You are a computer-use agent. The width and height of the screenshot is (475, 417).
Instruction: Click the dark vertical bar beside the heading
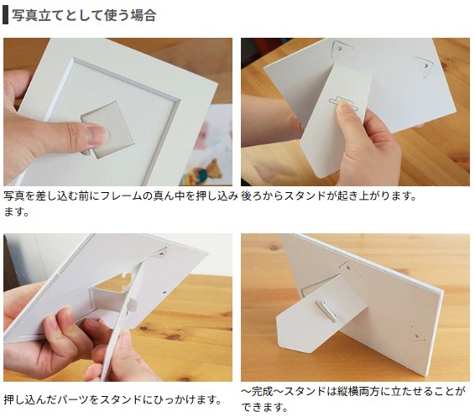click(x=5, y=14)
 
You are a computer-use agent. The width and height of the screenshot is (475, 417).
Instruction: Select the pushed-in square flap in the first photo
click(x=107, y=129)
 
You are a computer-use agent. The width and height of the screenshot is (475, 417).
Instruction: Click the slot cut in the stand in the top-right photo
click(x=343, y=103)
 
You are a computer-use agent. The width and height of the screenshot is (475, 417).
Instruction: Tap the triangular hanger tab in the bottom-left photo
click(x=159, y=253)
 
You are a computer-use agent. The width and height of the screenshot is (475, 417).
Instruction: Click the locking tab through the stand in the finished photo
click(x=326, y=310)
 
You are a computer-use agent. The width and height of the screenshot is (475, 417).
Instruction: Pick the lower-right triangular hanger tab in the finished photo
click(x=417, y=334)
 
